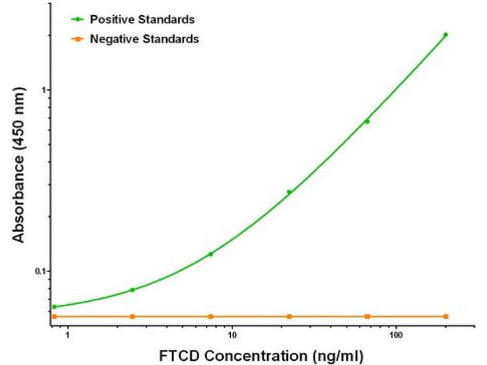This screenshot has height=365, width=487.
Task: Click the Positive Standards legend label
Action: tap(142, 19)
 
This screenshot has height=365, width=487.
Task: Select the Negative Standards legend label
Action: tap(144, 40)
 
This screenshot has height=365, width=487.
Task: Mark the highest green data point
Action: tap(446, 35)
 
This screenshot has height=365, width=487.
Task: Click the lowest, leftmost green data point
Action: tap(54, 307)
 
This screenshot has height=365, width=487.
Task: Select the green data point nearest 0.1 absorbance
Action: tap(211, 254)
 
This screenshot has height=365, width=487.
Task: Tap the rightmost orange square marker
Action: tap(446, 316)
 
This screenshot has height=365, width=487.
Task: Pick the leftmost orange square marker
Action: tap(54, 316)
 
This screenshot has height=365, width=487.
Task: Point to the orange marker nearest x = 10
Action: tap(211, 316)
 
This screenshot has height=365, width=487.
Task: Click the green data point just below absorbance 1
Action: tap(367, 122)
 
